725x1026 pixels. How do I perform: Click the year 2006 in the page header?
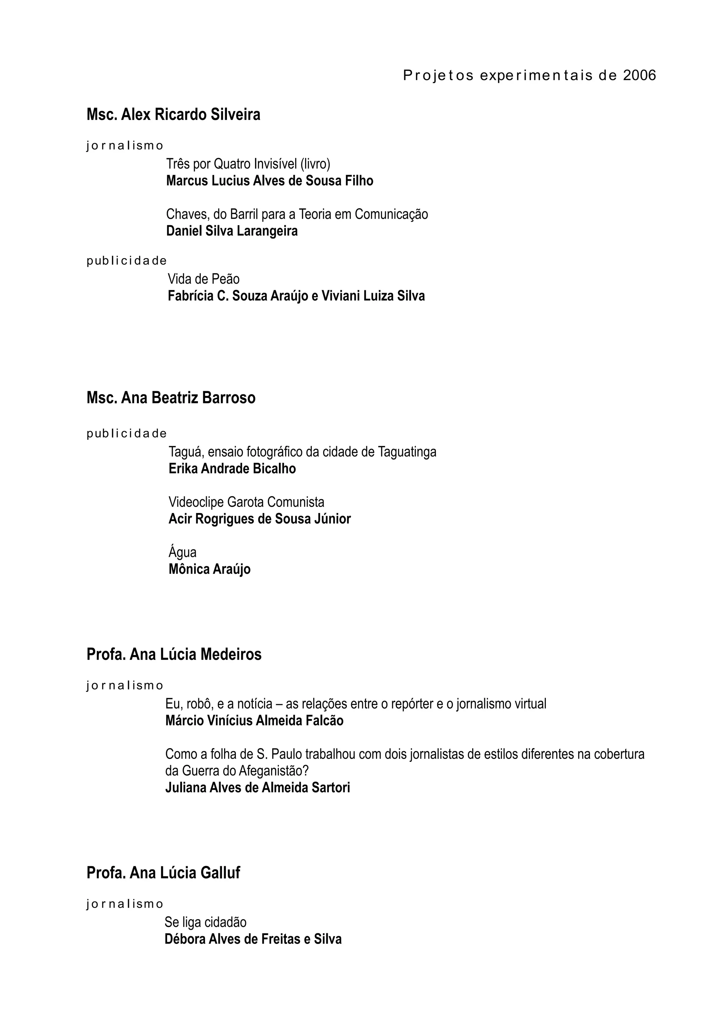pyautogui.click(x=639, y=75)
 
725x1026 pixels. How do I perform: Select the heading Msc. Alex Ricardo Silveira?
pyautogui.click(x=173, y=115)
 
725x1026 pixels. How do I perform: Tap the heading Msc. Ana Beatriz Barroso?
pyautogui.click(x=171, y=398)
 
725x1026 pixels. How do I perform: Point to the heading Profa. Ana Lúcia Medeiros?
pyautogui.click(x=174, y=654)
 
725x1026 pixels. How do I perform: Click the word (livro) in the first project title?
pyautogui.click(x=315, y=164)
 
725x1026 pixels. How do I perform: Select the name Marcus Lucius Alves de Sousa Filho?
pyautogui.click(x=269, y=181)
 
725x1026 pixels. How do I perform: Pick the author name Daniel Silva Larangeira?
pyautogui.click(x=232, y=231)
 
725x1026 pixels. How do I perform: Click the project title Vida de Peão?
pyautogui.click(x=204, y=279)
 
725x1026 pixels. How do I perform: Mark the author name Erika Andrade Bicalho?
pyautogui.click(x=232, y=469)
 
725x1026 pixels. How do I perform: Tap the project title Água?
pyautogui.click(x=182, y=552)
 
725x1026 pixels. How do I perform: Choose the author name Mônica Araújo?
pyautogui.click(x=210, y=569)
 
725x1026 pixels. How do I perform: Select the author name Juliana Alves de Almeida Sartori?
pyautogui.click(x=258, y=787)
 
